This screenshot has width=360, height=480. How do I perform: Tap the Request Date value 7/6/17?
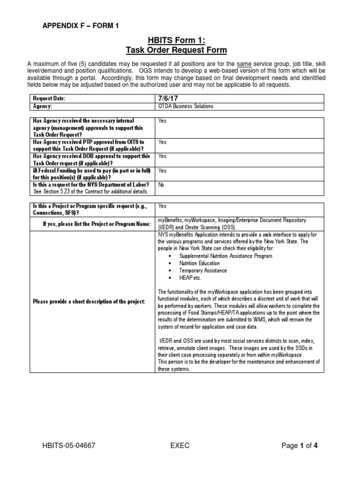[x=169, y=98]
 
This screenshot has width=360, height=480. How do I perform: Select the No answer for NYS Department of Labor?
[x=162, y=185]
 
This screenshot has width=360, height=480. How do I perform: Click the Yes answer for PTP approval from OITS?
[x=162, y=142]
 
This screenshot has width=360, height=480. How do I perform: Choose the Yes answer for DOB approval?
[x=162, y=156]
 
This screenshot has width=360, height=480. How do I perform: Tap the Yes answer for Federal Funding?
[x=162, y=171]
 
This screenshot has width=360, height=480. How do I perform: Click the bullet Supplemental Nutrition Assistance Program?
[x=225, y=256]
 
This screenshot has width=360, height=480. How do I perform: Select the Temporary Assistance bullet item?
[x=203, y=270]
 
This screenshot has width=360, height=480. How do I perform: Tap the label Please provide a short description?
[x=89, y=301]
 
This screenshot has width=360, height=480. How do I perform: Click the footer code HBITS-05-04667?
[x=69, y=446]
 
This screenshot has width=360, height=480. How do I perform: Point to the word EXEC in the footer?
[x=180, y=446]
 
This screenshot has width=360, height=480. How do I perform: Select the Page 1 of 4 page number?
[x=302, y=446]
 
